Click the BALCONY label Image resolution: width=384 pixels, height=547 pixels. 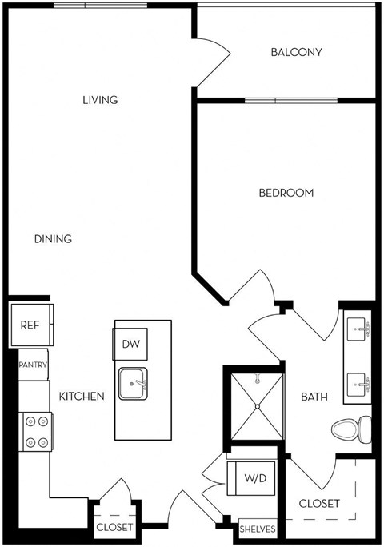[296, 53]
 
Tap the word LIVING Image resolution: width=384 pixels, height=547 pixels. [100, 100]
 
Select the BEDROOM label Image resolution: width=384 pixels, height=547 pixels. [286, 193]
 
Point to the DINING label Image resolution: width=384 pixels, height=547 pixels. [54, 238]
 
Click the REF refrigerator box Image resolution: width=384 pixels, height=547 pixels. [30, 325]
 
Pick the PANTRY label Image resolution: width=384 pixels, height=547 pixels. [33, 365]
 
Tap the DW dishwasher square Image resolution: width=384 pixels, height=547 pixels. [131, 344]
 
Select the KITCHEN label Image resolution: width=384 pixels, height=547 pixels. [82, 396]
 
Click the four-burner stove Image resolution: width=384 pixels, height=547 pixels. [36, 430]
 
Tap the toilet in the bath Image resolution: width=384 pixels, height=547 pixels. [350, 429]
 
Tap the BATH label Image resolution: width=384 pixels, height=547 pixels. [311, 396]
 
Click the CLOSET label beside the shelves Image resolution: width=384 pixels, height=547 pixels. [319, 504]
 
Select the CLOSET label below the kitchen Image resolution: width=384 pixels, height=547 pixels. [114, 528]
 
